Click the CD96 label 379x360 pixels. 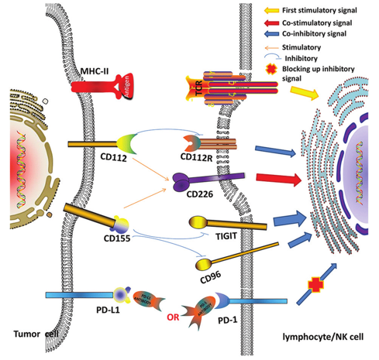[207, 276]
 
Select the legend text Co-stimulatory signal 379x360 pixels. [326, 23]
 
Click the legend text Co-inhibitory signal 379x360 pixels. [323, 36]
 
